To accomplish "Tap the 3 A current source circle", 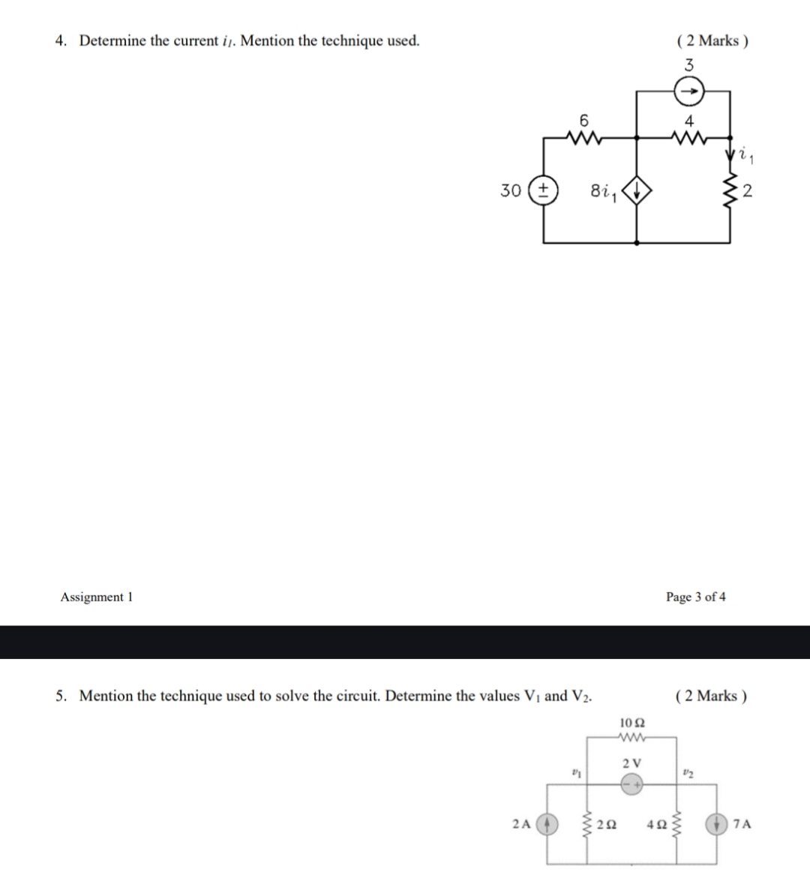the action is [x=688, y=93].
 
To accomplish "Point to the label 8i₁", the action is [x=604, y=192].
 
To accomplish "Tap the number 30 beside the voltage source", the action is [x=511, y=190].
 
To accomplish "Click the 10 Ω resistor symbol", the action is [x=632, y=738].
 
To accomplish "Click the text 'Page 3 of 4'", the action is [x=695, y=597].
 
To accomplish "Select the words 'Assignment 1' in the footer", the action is [x=96, y=597].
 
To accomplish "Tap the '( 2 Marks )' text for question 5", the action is [x=711, y=696].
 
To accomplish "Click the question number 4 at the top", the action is [x=60, y=40].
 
